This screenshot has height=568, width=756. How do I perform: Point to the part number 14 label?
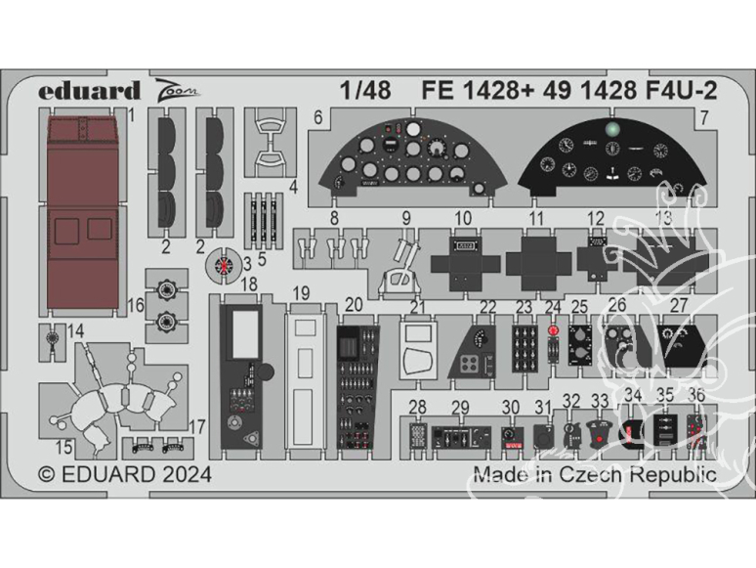(75, 331)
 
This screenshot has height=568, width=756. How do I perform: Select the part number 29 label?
(460, 407)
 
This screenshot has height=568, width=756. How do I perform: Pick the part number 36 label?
(696, 396)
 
